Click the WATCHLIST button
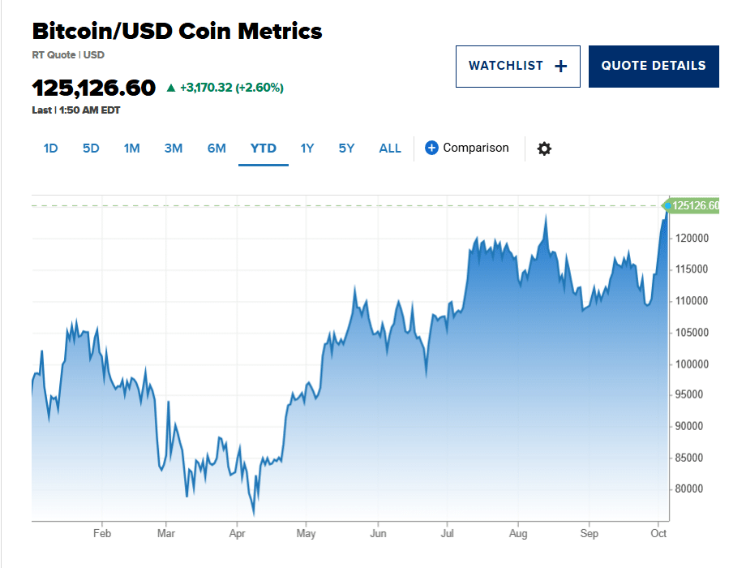click(517, 67)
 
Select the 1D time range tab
click(50, 148)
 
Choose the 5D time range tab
click(91, 148)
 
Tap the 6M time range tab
click(217, 148)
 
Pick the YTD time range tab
click(264, 148)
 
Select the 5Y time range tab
click(347, 148)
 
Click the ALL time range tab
click(390, 148)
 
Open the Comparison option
click(467, 148)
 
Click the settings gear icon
click(544, 148)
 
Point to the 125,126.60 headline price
click(93, 88)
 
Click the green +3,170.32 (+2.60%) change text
click(231, 88)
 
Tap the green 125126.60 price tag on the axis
click(694, 206)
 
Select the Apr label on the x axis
click(238, 534)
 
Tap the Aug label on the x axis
click(518, 534)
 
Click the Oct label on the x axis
click(658, 534)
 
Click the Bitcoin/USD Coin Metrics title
click(177, 32)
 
